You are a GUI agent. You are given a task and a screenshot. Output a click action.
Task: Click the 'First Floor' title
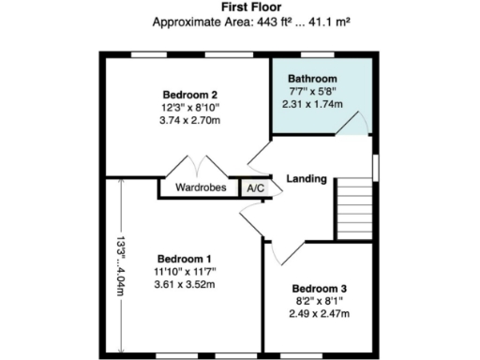[241, 7]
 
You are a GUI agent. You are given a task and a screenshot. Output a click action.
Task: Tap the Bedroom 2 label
[190, 95]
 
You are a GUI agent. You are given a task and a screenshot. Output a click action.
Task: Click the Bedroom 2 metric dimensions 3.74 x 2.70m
[190, 121]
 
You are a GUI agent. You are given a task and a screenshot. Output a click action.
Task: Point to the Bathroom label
[313, 79]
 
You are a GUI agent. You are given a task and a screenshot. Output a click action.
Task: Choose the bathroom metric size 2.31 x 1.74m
[313, 104]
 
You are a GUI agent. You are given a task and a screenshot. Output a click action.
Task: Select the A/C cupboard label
[254, 187]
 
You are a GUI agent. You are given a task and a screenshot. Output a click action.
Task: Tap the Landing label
[306, 178]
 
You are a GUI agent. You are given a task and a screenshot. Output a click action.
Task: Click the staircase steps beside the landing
[355, 209]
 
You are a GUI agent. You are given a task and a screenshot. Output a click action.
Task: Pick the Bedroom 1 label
[184, 259]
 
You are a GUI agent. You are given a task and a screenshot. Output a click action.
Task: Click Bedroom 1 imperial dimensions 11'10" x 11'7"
[184, 272]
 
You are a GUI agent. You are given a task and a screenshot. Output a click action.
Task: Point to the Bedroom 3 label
[319, 288]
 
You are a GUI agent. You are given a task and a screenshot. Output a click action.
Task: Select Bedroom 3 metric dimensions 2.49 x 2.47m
[319, 314]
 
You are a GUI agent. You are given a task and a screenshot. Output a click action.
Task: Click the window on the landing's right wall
[376, 166]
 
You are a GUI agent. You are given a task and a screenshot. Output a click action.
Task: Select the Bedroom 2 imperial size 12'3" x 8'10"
[190, 108]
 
